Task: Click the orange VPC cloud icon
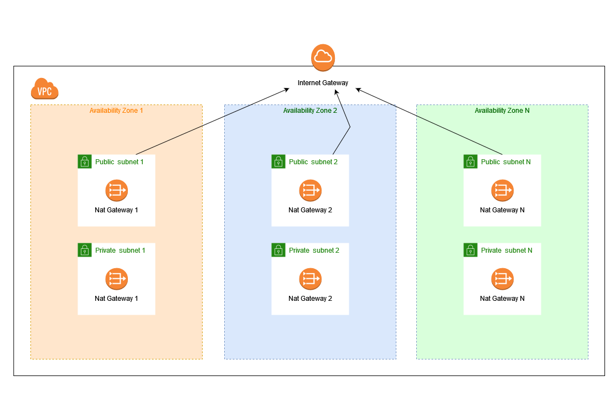pyautogui.click(x=45, y=88)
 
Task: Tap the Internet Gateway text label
pyautogui.click(x=323, y=83)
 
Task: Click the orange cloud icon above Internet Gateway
pyautogui.click(x=323, y=58)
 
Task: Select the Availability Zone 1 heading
pyautogui.click(x=116, y=111)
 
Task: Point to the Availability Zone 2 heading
pyautogui.click(x=310, y=111)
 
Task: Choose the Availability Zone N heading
pyautogui.click(x=502, y=111)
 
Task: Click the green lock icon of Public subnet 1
pyautogui.click(x=84, y=161)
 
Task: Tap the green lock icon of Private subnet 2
pyautogui.click(x=278, y=250)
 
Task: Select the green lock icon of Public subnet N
pyautogui.click(x=470, y=161)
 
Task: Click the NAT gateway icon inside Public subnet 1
pyautogui.click(x=116, y=191)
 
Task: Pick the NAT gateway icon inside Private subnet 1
pyautogui.click(x=116, y=279)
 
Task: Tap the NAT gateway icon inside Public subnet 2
pyautogui.click(x=310, y=191)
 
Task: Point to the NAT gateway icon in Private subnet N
pyautogui.click(x=502, y=279)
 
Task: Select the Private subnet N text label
pyautogui.click(x=507, y=251)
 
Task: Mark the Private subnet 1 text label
pyautogui.click(x=120, y=251)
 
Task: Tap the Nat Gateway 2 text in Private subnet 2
pyautogui.click(x=310, y=299)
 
